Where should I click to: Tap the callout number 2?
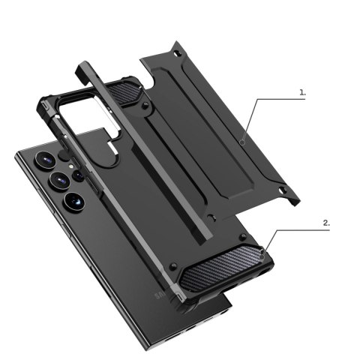coord(325,223)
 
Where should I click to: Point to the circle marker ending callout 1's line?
coord(242,140)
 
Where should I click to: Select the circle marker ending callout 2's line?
coord(261,256)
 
